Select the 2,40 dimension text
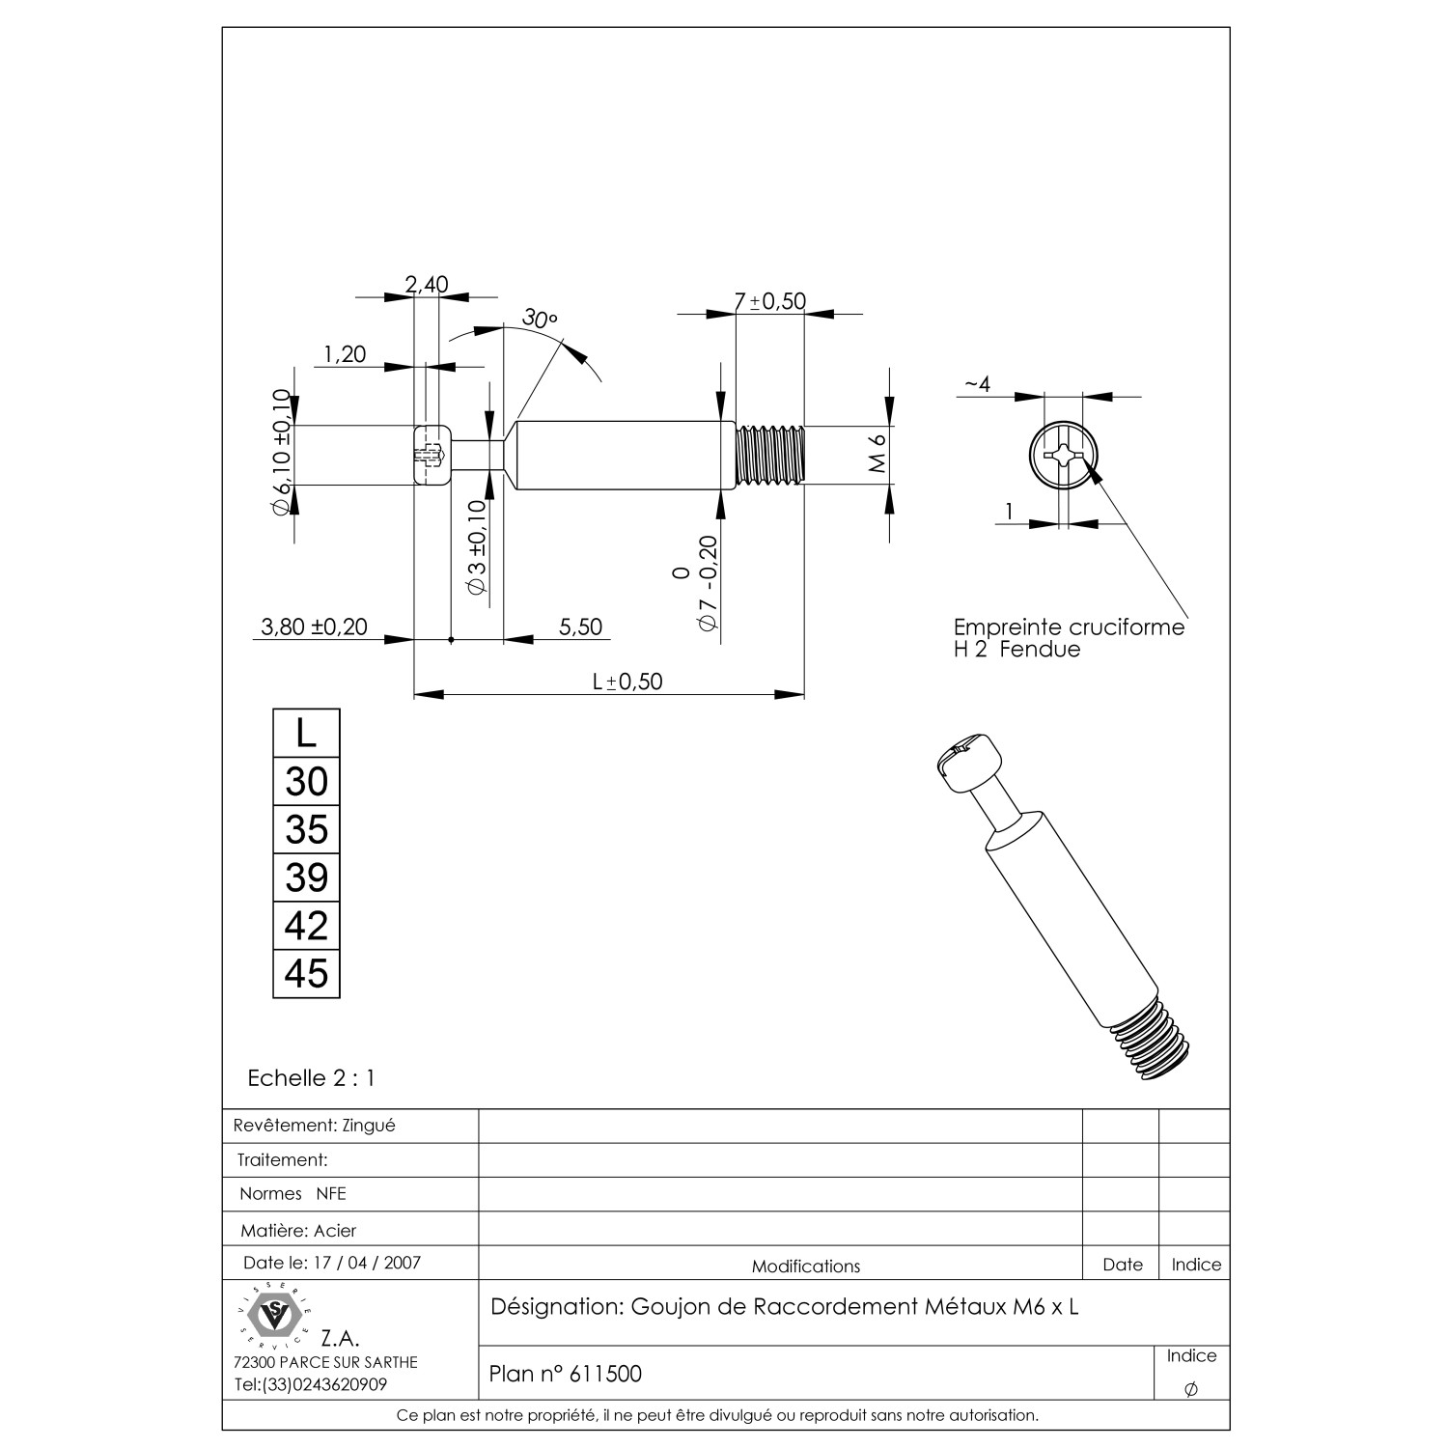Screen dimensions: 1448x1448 point(427,284)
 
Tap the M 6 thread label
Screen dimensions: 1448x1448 point(877,454)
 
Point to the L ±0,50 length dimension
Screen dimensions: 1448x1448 point(627,682)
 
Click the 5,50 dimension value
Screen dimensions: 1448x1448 point(581,627)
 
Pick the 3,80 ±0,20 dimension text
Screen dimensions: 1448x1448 point(315,627)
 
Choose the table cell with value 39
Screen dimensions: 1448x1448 point(307,877)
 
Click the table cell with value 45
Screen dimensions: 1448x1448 point(307,973)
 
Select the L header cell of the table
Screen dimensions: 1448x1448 point(307,734)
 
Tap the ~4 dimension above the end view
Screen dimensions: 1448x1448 point(977,384)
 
